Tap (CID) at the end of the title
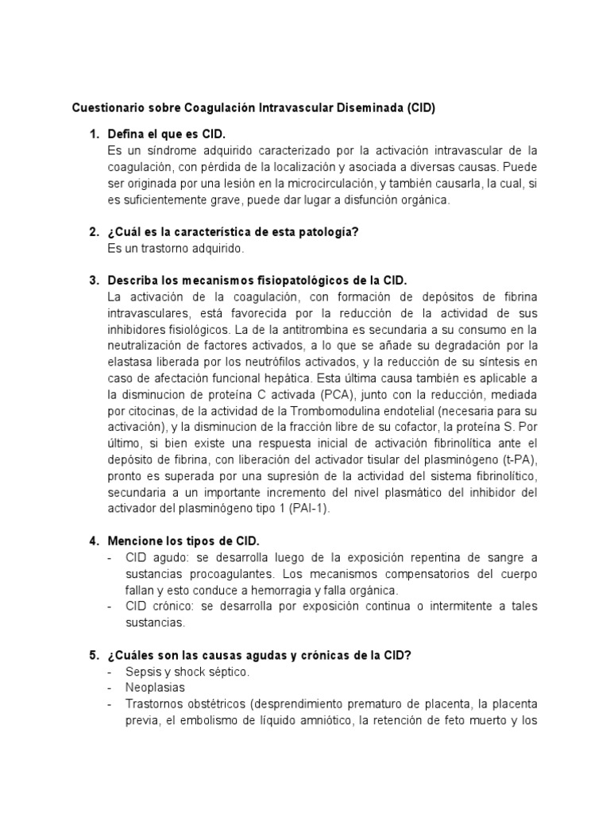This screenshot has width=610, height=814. click(417, 107)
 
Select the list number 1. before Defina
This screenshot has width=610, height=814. click(95, 134)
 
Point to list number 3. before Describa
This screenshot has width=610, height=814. click(95, 281)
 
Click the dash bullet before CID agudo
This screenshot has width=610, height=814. click(110, 557)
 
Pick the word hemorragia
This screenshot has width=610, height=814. click(280, 590)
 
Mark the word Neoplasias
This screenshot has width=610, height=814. click(155, 688)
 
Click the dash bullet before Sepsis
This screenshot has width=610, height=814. click(110, 672)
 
